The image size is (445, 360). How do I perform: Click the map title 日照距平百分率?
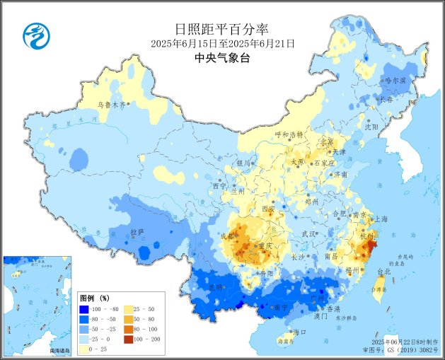click(221, 29)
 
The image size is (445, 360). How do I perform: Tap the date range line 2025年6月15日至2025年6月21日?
click(222, 44)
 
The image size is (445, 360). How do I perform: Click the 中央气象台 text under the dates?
click(222, 59)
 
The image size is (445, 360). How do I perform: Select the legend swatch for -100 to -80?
click(85, 309)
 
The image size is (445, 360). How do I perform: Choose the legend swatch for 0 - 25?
click(85, 349)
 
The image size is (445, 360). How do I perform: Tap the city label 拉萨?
click(137, 231)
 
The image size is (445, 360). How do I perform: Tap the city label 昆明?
click(203, 287)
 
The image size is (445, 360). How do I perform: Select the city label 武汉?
click(309, 233)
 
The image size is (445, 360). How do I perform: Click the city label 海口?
click(300, 331)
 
